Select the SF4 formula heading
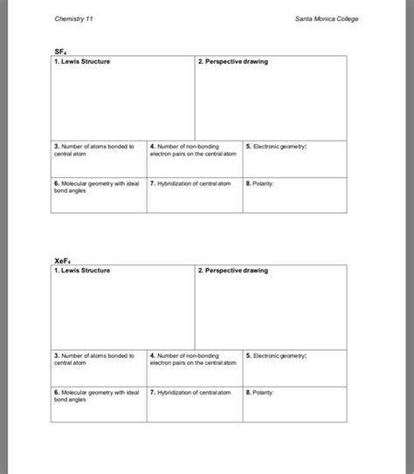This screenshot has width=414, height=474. click(x=59, y=52)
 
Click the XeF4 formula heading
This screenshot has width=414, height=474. click(x=62, y=261)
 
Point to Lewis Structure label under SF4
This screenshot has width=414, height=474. click(x=82, y=62)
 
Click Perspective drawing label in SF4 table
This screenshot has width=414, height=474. click(x=233, y=62)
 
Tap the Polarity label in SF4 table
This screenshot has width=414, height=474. click(x=260, y=184)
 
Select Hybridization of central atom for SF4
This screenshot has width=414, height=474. click(x=190, y=184)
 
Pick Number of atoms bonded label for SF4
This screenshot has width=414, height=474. click(x=93, y=149)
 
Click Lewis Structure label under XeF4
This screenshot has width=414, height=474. click(x=82, y=271)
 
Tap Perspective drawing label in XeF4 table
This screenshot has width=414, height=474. click(x=233, y=271)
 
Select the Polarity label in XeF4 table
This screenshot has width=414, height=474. click(x=260, y=394)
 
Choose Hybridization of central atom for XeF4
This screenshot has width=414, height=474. click(x=190, y=394)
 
